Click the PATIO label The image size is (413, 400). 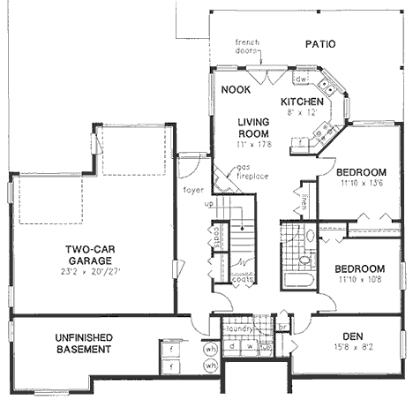pyautogui.click(x=322, y=43)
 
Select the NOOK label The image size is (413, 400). pyautogui.click(x=236, y=90)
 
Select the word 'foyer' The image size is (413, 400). pyautogui.click(x=193, y=189)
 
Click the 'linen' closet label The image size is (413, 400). pyautogui.click(x=303, y=202)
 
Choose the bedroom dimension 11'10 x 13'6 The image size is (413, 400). pyautogui.click(x=361, y=183)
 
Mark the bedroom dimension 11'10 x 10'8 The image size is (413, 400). pyautogui.click(x=360, y=280)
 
